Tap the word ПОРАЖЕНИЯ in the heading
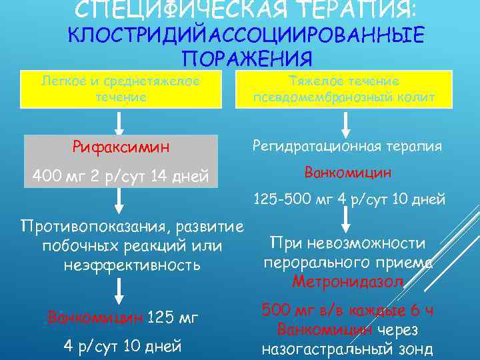[x=247, y=59]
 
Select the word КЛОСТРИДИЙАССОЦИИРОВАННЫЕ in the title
[x=247, y=35]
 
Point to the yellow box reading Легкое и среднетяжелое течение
[x=121, y=89]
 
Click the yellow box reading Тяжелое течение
[x=344, y=89]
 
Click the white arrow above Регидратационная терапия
[x=345, y=123]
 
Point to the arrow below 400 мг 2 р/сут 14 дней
[x=120, y=199]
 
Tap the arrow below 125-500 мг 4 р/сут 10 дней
[x=345, y=218]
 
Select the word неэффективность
[x=131, y=265]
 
